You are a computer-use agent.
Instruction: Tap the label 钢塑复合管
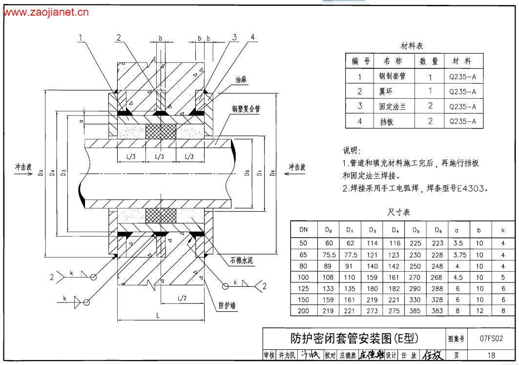pyautogui.click(x=246, y=109)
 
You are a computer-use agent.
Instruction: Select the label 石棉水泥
pyautogui.click(x=241, y=260)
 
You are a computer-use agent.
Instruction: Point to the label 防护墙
pyautogui.click(x=227, y=305)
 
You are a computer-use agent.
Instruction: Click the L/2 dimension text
pyautogui.click(x=182, y=298)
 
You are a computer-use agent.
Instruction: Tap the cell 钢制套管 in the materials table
pyautogui.click(x=393, y=76)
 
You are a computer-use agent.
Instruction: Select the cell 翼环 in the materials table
pyautogui.click(x=385, y=91)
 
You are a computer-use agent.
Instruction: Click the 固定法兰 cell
pyautogui.click(x=393, y=106)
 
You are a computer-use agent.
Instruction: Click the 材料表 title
pyautogui.click(x=412, y=46)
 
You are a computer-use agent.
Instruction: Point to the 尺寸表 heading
pyautogui.click(x=398, y=212)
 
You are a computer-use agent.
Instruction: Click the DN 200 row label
pyautogui.click(x=303, y=310)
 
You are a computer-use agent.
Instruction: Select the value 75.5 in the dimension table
pyautogui.click(x=329, y=255)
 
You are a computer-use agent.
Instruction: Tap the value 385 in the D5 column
pyautogui.click(x=416, y=310)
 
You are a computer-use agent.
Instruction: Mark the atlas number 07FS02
pyautogui.click(x=491, y=338)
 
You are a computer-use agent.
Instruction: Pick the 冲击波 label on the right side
pyautogui.click(x=297, y=167)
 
